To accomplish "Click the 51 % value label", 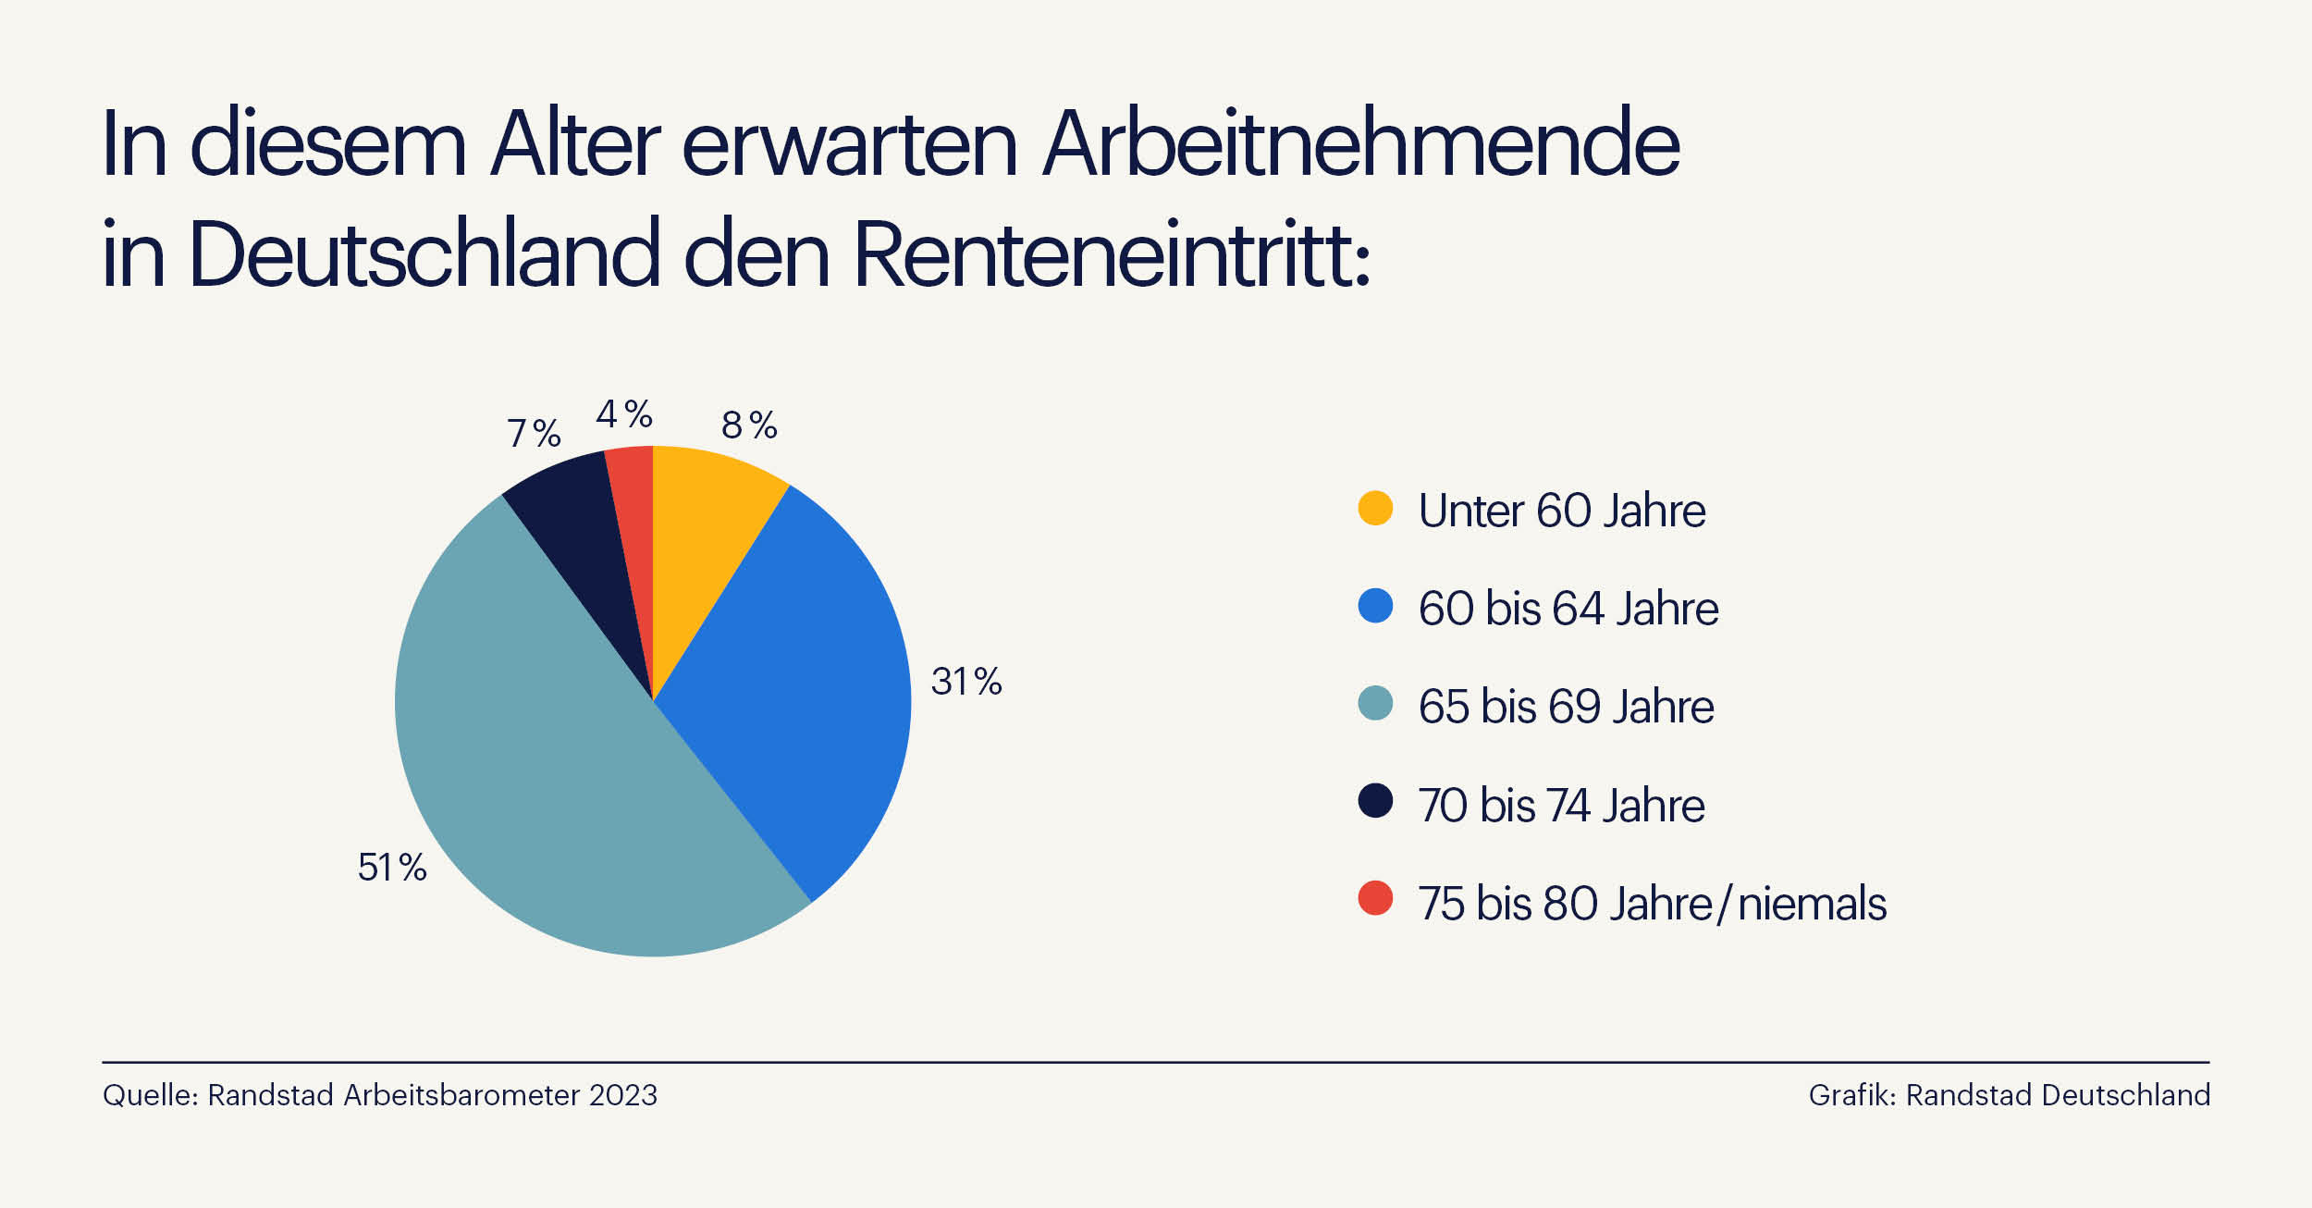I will pos(392,868).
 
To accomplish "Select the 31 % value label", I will pos(965,682).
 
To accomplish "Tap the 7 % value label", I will pos(534,433).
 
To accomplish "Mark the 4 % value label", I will pos(623,413).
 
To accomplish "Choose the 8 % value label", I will pos(748,425).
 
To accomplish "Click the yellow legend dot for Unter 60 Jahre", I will pos(1375,508).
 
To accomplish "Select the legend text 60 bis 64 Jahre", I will pos(1568,609).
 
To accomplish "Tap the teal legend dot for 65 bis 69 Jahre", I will pos(1375,703).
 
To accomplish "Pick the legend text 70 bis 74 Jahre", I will pos(1561,805).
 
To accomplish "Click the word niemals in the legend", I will pos(1811,904).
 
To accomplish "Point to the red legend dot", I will pos(1375,898).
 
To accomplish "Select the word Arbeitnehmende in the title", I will pos(1359,143).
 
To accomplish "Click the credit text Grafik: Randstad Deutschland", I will pos(2009,1095).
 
